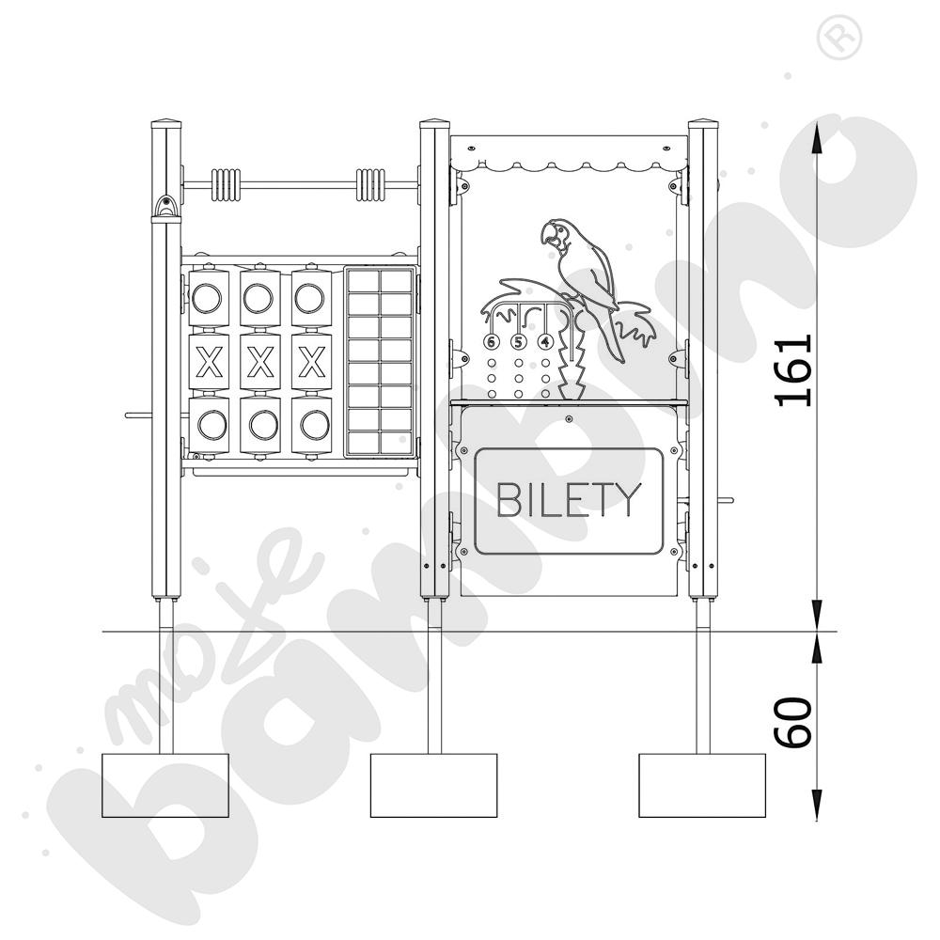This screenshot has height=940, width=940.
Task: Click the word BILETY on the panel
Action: coord(569,499)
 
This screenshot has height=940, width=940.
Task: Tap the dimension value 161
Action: coord(793,371)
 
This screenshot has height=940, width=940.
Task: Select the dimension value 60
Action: coord(793,722)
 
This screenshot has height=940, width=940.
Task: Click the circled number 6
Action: coord(492,342)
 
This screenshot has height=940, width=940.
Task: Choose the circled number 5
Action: coord(518,342)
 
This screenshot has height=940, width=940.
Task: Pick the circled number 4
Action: coord(544,342)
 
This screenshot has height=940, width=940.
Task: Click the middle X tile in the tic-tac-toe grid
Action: coord(260,362)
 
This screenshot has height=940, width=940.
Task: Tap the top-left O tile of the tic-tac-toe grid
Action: coord(209,298)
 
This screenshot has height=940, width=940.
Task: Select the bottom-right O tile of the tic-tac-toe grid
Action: coord(312,425)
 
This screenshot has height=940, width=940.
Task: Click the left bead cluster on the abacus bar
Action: coord(226,185)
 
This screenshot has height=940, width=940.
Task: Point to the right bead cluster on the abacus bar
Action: coord(370,185)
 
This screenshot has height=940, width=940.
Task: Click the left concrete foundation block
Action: coord(165,785)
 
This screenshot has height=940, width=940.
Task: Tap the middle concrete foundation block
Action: coord(434,785)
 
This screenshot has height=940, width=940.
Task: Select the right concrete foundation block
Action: coord(702,785)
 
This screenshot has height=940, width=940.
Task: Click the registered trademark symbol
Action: coord(839,38)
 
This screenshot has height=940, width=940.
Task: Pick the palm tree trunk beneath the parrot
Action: coord(571,360)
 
